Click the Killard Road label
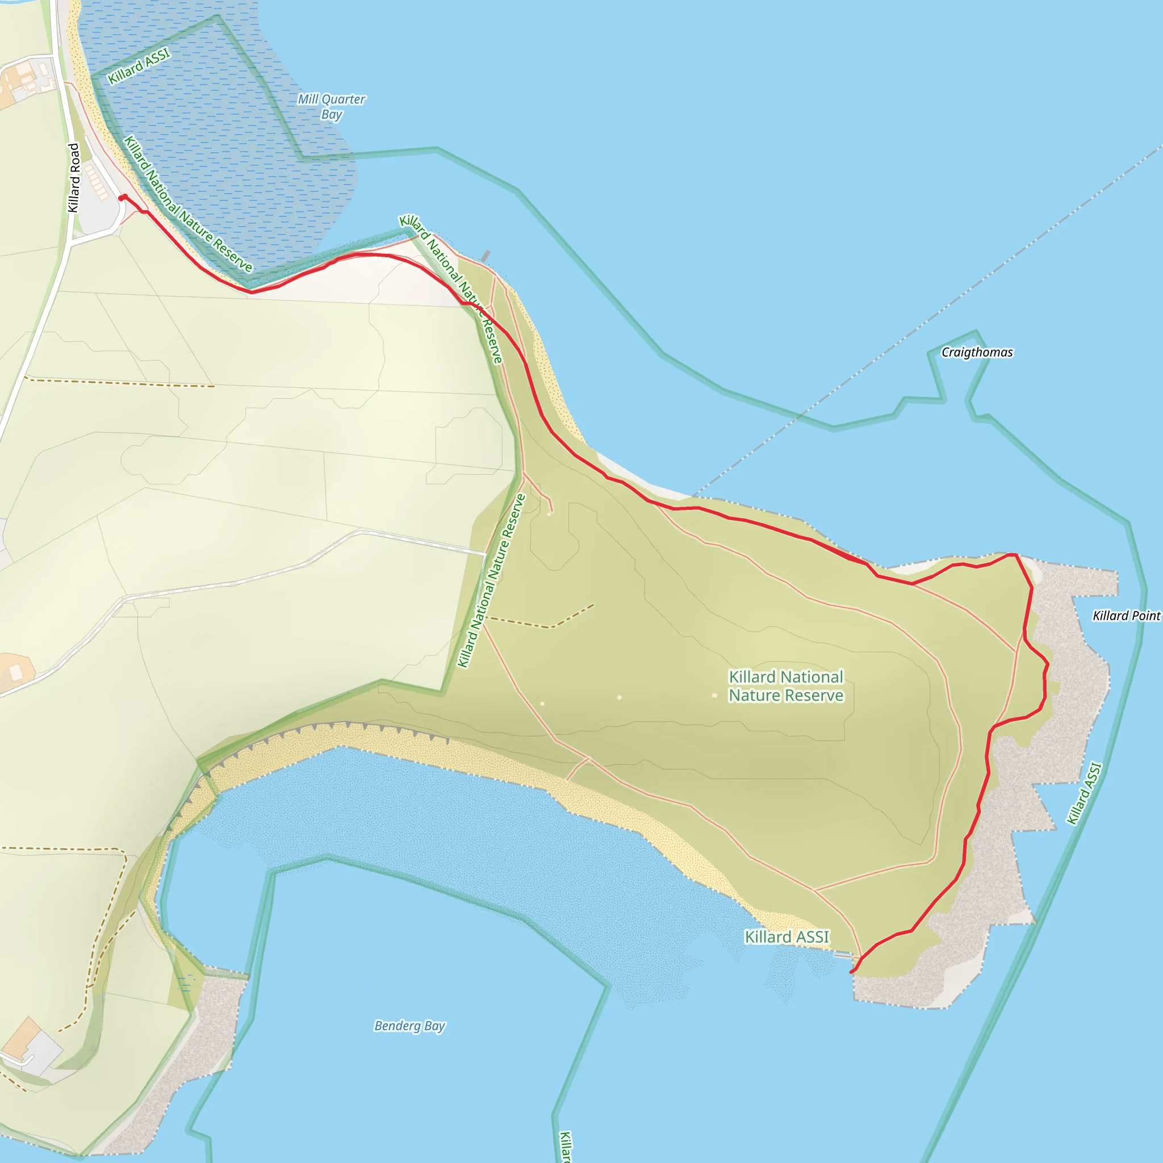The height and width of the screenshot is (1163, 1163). pyautogui.click(x=73, y=178)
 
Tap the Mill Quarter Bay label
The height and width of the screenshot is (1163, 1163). pyautogui.click(x=331, y=107)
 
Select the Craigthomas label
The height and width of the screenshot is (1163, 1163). pyautogui.click(x=977, y=352)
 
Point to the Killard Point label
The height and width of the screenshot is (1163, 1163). pyautogui.click(x=1126, y=615)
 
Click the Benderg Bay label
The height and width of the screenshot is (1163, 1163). pyautogui.click(x=409, y=1025)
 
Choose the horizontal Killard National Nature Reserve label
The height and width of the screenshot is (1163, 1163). pyautogui.click(x=785, y=685)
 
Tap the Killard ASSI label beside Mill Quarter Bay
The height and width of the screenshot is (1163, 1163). pyautogui.click(x=139, y=66)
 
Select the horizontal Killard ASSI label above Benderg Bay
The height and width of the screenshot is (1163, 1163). pyautogui.click(x=787, y=936)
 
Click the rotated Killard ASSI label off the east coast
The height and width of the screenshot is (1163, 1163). pyautogui.click(x=1084, y=793)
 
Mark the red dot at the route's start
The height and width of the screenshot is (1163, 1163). pyautogui.click(x=122, y=198)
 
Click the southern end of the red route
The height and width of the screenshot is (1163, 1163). pyautogui.click(x=852, y=972)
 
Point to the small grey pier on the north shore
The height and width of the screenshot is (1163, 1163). pyautogui.click(x=485, y=257)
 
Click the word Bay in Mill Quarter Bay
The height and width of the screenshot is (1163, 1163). pyautogui.click(x=332, y=114)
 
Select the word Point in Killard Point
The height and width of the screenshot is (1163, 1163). pyautogui.click(x=1144, y=615)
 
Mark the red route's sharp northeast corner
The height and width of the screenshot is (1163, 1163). pyautogui.click(x=1016, y=554)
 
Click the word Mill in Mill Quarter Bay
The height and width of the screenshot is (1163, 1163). pyautogui.click(x=308, y=99)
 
